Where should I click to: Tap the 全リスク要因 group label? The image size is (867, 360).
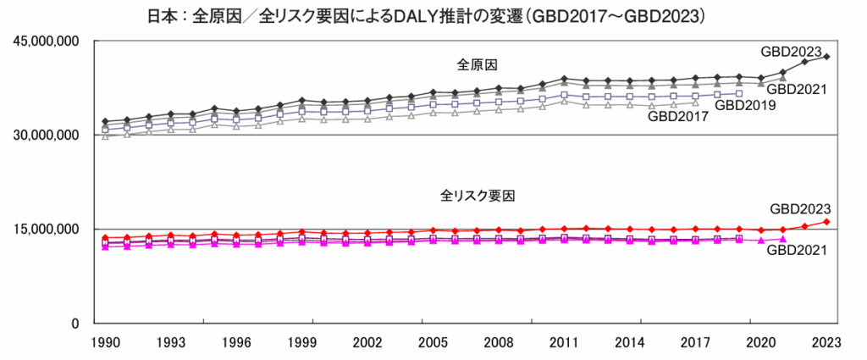478,195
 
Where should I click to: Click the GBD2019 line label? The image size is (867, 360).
744,105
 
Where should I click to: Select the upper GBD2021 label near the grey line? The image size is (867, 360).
797,89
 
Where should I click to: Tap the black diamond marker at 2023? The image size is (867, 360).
826,57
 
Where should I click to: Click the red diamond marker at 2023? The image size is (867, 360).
826,222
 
